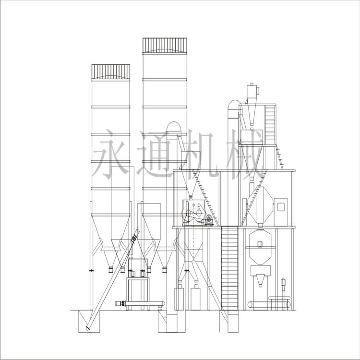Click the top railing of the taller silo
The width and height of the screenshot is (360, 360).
coord(164,46)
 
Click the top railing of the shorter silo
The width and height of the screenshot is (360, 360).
coord(111,72)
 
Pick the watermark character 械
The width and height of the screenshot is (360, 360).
coord(244,154)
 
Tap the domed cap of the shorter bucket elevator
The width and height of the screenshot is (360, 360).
coord(174,127)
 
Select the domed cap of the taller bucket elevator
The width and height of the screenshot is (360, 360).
coord(234,105)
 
